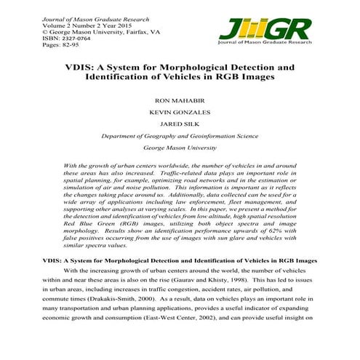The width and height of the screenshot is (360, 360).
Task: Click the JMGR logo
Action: (x=265, y=31)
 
